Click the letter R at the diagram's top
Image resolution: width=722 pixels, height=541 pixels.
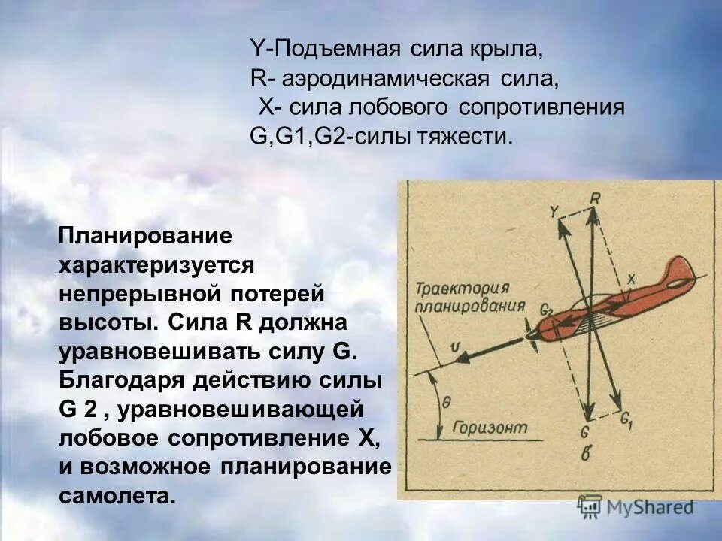pyautogui.click(x=594, y=198)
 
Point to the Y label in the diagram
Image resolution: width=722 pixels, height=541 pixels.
pyautogui.click(x=554, y=212)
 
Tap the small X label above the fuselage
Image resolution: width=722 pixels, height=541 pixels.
pyautogui.click(x=631, y=279)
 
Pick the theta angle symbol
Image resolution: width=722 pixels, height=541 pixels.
pyautogui.click(x=447, y=402)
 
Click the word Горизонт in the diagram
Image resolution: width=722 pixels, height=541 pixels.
pyautogui.click(x=486, y=428)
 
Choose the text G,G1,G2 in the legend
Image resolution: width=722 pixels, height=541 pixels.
pyautogui.click(x=298, y=136)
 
